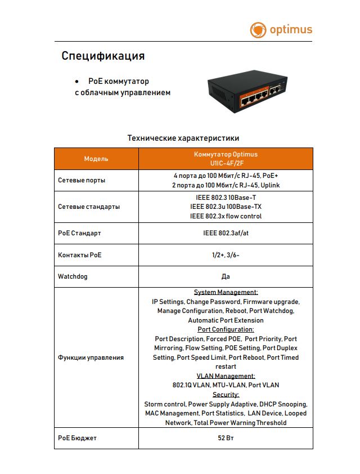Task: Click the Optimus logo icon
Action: [258, 30]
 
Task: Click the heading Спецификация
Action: [103, 56]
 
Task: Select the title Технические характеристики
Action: [183, 138]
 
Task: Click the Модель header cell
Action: [96, 159]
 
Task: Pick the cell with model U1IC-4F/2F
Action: [226, 159]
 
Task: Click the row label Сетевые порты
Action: [82, 181]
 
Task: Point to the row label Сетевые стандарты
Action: [89, 207]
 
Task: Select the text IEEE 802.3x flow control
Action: [226, 216]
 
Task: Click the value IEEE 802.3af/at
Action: [226, 233]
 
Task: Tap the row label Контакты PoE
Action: [80, 255]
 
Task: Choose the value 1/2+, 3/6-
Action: [226, 255]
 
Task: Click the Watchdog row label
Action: [73, 277]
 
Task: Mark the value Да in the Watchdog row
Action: [226, 277]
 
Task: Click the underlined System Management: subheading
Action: [226, 292]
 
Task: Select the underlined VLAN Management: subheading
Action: [226, 376]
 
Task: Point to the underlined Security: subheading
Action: [226, 395]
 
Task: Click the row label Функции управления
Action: [91, 357]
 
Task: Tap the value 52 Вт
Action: [226, 438]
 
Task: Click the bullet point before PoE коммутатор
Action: [77, 82]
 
